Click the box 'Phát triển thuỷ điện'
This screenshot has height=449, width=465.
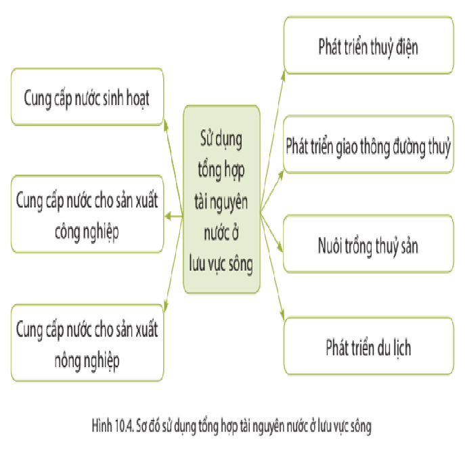pyautogui.click(x=369, y=45)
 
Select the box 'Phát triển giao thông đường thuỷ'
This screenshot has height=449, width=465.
pyautogui.click(x=368, y=144)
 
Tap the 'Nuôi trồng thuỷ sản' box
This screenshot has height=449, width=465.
pyautogui.click(x=368, y=244)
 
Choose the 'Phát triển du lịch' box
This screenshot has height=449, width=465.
pyautogui.click(x=369, y=346)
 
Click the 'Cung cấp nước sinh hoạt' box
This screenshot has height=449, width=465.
pyautogui.click(x=87, y=97)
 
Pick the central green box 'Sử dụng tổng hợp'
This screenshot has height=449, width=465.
pyautogui.click(x=221, y=199)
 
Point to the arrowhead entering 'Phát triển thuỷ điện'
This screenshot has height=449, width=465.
pyautogui.click(x=283, y=77)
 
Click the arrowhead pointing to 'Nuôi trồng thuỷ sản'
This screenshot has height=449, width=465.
pyautogui.click(x=280, y=247)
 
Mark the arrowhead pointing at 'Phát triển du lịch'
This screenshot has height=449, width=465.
pyautogui.click(x=282, y=314)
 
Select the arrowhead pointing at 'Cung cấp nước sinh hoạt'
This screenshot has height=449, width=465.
pyautogui.click(x=166, y=125)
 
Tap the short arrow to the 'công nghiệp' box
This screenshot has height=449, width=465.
pyautogui.click(x=174, y=216)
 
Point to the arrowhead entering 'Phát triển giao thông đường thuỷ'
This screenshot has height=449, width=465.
pyautogui.click(x=280, y=175)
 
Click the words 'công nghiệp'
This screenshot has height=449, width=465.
pyautogui.click(x=87, y=232)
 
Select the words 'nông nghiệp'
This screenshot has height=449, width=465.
pyautogui.click(x=87, y=360)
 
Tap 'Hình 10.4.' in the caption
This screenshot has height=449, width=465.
pyautogui.click(x=113, y=426)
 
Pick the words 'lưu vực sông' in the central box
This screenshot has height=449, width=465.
pyautogui.click(x=221, y=264)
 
